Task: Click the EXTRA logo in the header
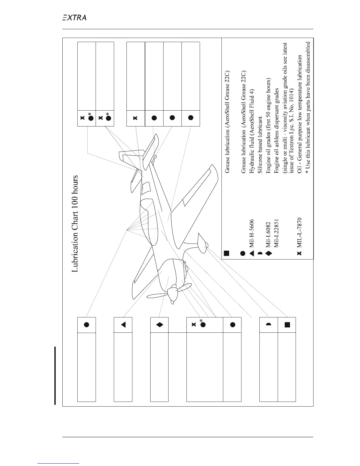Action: click(74, 18)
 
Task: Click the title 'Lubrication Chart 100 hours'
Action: click(75, 224)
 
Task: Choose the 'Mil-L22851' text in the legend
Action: click(276, 233)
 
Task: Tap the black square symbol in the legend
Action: click(226, 253)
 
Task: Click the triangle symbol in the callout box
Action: click(123, 325)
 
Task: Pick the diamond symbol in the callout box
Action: click(159, 325)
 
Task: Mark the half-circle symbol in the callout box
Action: click(269, 324)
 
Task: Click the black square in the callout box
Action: click(287, 325)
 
